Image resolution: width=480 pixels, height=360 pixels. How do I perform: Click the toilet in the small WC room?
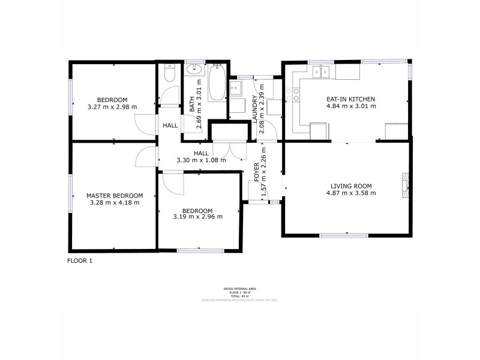click(169, 74)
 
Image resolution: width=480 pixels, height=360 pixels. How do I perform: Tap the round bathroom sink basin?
click(193, 70)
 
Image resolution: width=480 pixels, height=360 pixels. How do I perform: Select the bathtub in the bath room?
click(217, 83)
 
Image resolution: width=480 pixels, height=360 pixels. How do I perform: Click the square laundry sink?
click(235, 88)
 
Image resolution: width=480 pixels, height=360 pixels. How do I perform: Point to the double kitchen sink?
click(322, 71)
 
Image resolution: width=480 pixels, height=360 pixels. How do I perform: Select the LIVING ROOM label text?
click(351, 185)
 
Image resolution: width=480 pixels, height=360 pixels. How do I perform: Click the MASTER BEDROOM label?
click(114, 196)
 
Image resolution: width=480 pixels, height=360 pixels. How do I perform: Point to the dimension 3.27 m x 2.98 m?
click(112, 107)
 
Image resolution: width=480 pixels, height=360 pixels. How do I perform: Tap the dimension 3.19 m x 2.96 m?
click(197, 217)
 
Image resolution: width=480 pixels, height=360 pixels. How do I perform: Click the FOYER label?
click(257, 171)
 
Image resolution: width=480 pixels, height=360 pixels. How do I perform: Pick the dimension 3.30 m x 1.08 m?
click(201, 160)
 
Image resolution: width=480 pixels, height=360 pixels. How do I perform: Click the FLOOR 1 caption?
click(80, 261)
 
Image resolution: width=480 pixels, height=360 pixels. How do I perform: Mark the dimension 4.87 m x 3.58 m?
click(351, 193)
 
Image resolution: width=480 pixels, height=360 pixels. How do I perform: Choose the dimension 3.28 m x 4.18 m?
click(114, 203)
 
